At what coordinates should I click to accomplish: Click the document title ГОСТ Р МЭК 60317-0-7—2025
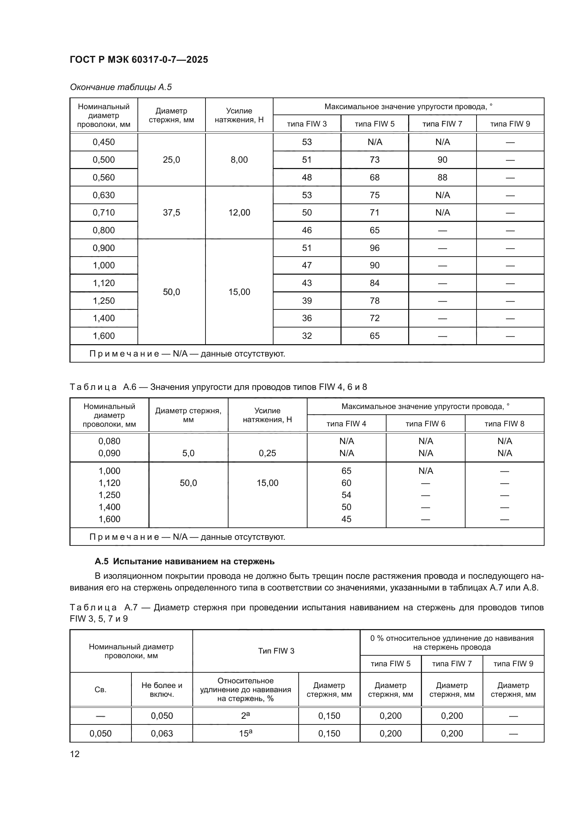139,60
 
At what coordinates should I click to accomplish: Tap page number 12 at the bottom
75,754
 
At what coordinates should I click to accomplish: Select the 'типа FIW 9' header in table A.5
510,124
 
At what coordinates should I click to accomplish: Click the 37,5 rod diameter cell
171,213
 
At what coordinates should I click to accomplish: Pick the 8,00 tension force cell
239,159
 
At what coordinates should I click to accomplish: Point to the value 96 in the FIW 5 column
374,248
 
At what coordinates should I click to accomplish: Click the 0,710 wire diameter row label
103,213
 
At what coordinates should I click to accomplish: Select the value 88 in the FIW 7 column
443,177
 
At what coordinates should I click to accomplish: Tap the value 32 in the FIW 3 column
307,336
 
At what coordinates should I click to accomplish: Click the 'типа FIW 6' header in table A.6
426,424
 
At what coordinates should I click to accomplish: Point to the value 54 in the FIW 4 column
346,495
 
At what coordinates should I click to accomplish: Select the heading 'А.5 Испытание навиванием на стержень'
184,561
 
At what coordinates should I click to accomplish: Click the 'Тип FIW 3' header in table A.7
276,651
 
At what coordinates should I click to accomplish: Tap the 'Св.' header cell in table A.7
100,690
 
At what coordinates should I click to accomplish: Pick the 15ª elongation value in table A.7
246,733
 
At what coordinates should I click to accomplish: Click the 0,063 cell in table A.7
162,733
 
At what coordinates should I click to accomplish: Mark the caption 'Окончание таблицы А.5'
121,87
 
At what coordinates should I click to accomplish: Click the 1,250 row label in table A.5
103,301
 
